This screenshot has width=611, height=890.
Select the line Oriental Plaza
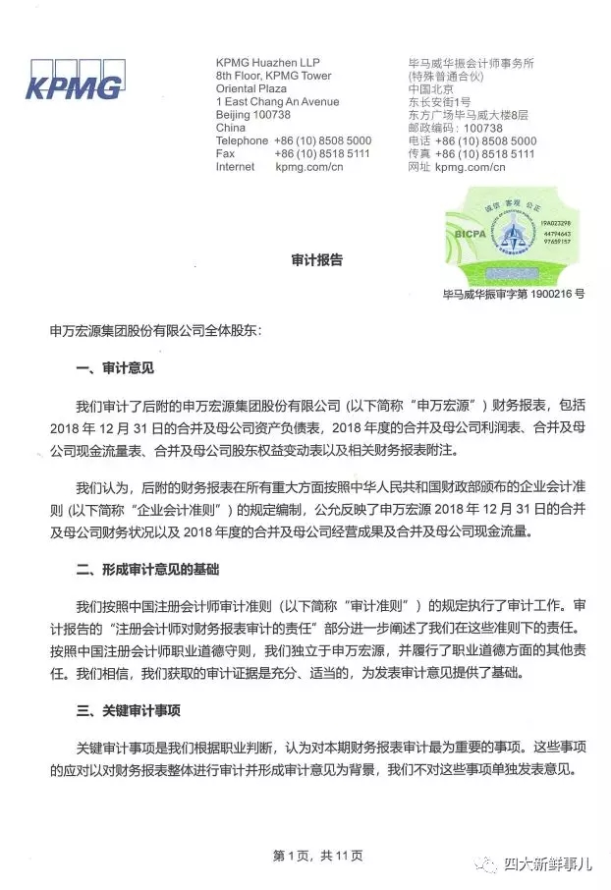coord(250,88)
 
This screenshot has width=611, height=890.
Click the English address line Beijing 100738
coord(254,115)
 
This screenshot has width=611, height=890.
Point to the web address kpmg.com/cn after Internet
coord(308,167)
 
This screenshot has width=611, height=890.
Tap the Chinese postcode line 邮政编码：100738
coord(455,128)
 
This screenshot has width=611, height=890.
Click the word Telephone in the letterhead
coord(242,140)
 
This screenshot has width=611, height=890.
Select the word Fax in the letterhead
coord(225,154)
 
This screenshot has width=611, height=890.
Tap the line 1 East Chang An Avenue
coord(277,102)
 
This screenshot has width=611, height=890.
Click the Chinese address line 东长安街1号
coord(440,102)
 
